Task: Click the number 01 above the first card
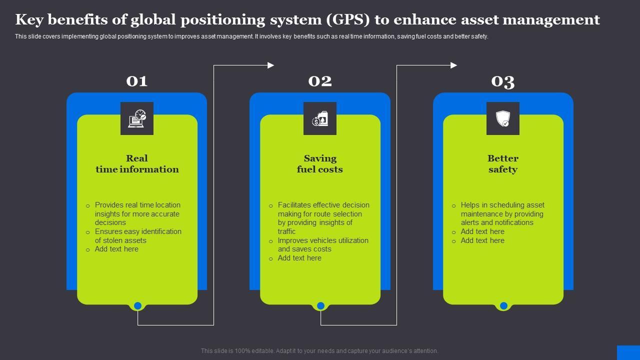click(137, 81)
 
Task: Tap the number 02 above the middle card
click(320, 81)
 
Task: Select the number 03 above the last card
click(503, 81)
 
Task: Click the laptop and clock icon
click(137, 118)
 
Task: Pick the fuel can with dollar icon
click(320, 118)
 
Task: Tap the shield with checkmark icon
click(503, 118)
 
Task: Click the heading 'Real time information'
click(137, 164)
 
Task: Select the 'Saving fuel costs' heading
click(320, 164)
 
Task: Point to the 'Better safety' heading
click(503, 164)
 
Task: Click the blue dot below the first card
click(137, 305)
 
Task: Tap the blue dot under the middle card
click(320, 305)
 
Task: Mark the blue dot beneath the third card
click(503, 305)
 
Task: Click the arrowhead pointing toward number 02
click(271, 65)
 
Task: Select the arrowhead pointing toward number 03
click(454, 65)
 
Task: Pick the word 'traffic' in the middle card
click(287, 231)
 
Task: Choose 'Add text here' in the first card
click(116, 249)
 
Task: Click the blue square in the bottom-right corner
click(628, 352)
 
